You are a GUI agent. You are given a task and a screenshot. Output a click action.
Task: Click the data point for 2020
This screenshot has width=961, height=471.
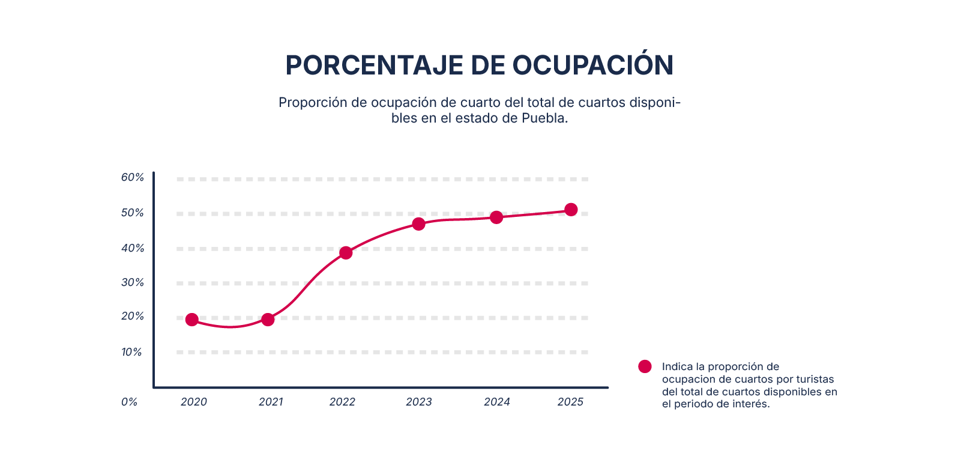click(192, 320)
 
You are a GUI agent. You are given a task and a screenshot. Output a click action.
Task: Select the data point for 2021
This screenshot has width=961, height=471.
click(268, 320)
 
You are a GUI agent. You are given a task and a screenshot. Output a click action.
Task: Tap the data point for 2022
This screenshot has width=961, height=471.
click(346, 253)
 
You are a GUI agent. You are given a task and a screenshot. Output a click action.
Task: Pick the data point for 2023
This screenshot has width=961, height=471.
click(419, 224)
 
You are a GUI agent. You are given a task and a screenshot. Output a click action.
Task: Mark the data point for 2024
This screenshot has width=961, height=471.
click(496, 217)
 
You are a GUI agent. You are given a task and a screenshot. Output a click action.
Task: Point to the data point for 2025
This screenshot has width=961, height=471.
click(571, 210)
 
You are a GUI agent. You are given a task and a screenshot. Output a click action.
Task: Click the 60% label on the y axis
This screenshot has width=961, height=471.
click(133, 177)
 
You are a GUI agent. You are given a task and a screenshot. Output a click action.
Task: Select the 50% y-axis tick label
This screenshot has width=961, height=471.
click(133, 213)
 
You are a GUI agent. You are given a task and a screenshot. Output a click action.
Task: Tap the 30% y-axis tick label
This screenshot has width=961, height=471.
click(133, 282)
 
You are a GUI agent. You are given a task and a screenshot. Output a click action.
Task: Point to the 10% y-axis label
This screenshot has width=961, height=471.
click(132, 352)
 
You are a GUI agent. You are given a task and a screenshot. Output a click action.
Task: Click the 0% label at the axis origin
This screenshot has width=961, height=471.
click(129, 402)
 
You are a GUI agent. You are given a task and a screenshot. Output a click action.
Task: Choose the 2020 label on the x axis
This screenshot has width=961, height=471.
click(194, 402)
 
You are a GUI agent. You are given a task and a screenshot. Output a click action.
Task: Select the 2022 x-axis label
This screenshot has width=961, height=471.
click(342, 402)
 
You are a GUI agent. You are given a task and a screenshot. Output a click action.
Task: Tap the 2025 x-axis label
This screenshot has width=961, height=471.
click(570, 402)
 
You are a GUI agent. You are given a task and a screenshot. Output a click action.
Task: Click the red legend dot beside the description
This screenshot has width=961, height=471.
click(645, 366)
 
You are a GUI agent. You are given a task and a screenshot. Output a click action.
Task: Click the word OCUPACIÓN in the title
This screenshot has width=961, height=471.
click(592, 65)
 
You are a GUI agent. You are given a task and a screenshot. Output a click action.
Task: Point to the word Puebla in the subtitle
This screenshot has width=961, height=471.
click(544, 118)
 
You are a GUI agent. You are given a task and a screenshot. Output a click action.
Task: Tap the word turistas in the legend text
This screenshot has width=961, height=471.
click(815, 379)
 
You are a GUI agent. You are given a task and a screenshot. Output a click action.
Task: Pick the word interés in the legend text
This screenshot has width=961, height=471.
click(752, 404)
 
